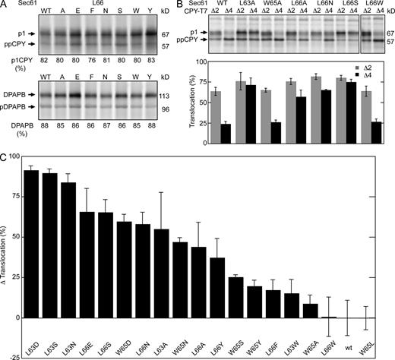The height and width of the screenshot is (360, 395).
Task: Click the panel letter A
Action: [5, 5]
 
